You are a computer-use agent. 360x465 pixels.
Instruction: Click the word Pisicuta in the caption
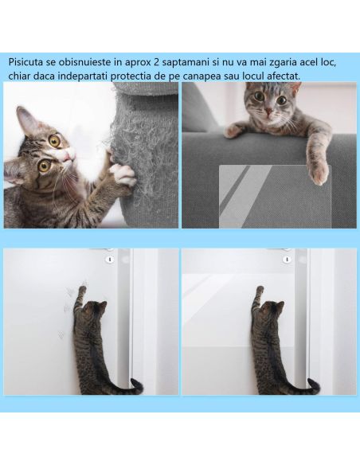(x=29, y=61)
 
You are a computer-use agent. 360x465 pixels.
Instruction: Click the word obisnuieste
(x=87, y=61)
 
